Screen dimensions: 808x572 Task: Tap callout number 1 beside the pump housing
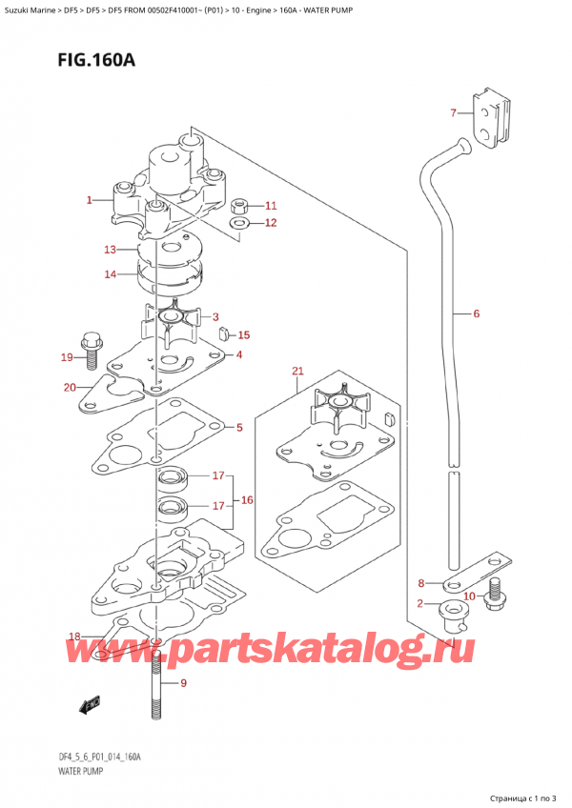click(x=89, y=200)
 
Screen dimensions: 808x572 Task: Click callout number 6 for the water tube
click(x=476, y=313)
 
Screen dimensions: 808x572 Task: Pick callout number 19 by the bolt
click(x=67, y=357)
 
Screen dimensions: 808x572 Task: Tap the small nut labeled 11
click(x=240, y=205)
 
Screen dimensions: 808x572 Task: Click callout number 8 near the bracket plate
click(x=422, y=582)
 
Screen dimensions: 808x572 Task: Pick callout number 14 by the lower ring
click(x=110, y=274)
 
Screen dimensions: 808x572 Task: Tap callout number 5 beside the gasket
click(x=238, y=428)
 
